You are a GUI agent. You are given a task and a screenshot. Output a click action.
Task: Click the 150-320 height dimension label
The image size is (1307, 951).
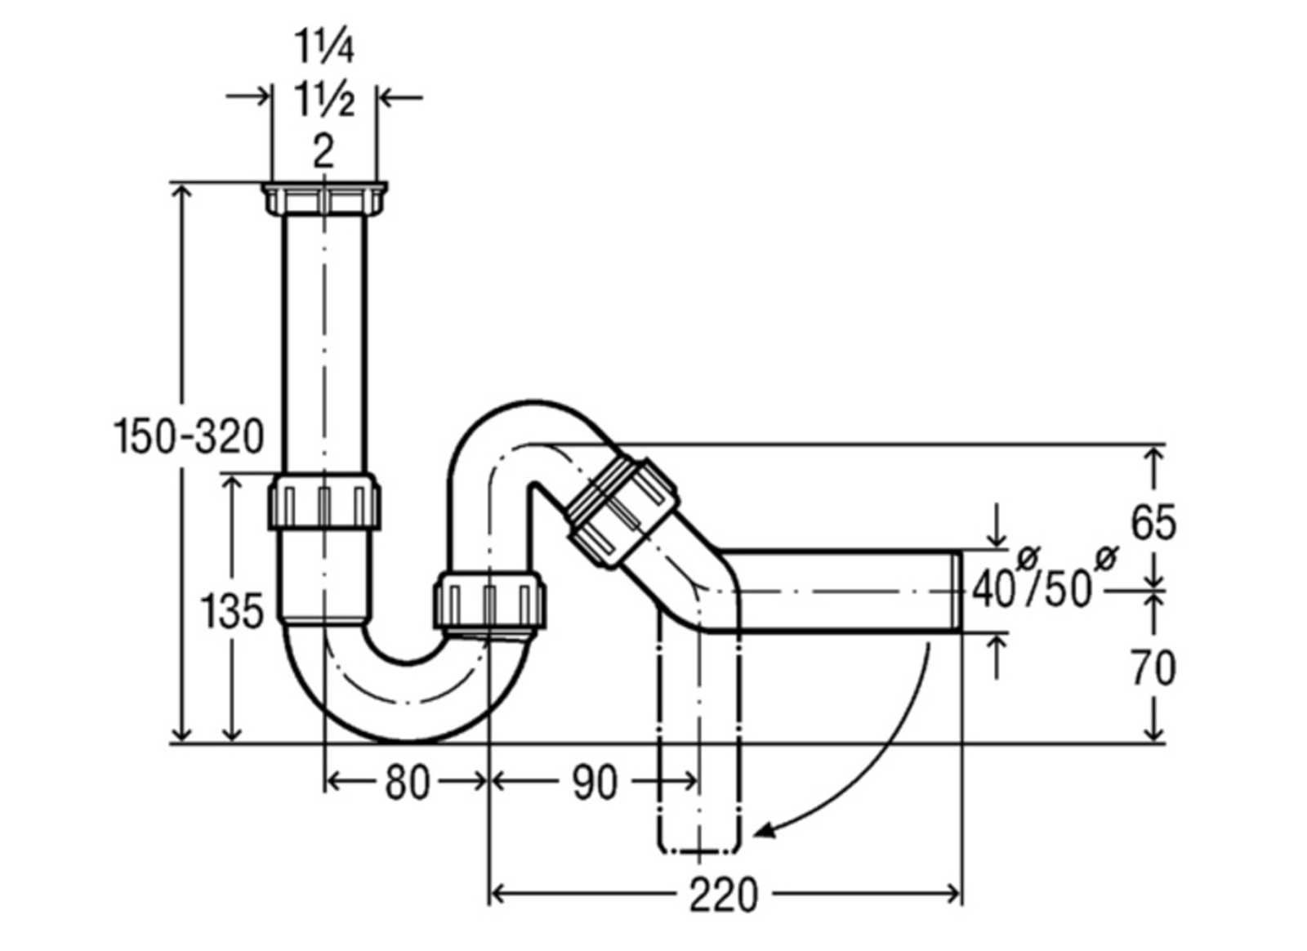(x=188, y=437)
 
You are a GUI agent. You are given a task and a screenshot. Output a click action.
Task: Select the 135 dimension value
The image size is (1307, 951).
(x=232, y=612)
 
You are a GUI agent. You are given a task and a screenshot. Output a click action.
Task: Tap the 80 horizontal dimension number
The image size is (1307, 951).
(x=407, y=783)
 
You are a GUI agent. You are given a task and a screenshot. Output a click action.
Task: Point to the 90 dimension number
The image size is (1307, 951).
(x=594, y=783)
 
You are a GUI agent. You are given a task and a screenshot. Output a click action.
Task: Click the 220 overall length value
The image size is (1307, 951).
(x=724, y=895)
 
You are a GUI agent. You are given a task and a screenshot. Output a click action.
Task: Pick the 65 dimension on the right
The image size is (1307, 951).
(x=1153, y=524)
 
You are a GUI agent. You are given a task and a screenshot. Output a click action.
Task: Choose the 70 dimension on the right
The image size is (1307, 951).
(x=1153, y=668)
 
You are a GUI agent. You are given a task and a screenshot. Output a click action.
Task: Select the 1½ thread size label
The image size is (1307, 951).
(x=324, y=99)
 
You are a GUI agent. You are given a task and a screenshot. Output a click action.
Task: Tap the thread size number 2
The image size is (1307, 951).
(x=323, y=152)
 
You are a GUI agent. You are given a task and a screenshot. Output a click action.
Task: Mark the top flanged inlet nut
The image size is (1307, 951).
(x=324, y=199)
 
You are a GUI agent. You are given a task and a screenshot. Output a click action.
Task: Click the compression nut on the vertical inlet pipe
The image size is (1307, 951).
(x=324, y=502)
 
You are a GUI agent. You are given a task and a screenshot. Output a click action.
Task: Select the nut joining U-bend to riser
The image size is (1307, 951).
(x=489, y=601)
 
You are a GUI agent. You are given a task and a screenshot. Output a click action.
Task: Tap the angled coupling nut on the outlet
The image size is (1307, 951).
(x=623, y=511)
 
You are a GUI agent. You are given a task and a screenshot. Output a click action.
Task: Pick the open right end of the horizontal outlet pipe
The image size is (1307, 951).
(x=957, y=591)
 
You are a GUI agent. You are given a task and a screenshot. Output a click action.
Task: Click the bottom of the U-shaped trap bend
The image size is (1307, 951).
(x=408, y=739)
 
